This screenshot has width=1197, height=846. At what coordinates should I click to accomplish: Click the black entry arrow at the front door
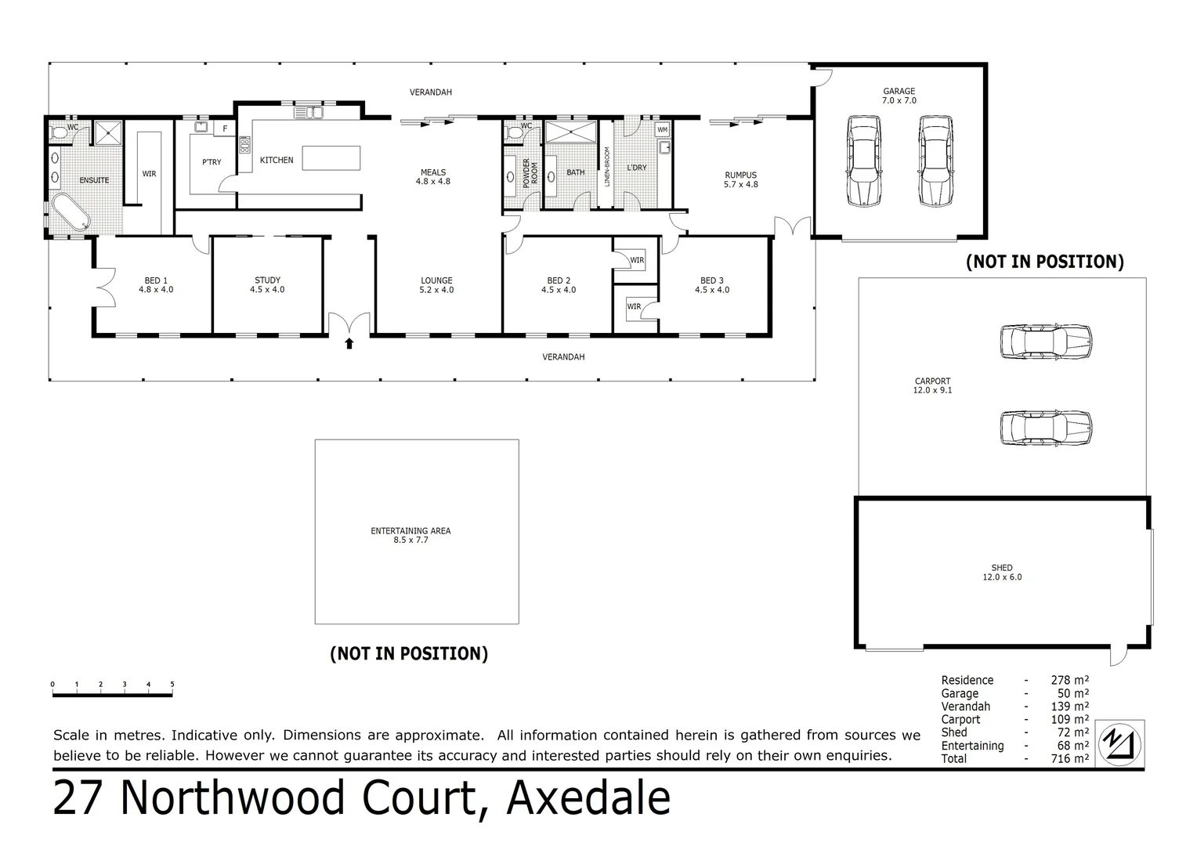[349, 342]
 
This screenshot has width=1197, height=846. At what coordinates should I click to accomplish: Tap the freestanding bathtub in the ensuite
[70, 212]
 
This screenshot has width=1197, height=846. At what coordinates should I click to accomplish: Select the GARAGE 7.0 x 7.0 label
[899, 96]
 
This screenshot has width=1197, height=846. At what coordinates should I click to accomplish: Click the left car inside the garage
[862, 161]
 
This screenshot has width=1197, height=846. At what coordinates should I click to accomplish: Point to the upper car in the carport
[1045, 342]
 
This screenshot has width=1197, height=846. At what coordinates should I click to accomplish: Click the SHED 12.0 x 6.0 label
[1002, 573]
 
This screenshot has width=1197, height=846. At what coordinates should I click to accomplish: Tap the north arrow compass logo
[1119, 743]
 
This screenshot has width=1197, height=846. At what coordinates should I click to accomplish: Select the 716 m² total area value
[1069, 758]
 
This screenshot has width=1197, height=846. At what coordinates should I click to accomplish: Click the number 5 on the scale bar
[172, 685]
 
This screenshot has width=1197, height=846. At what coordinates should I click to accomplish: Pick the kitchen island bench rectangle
[331, 158]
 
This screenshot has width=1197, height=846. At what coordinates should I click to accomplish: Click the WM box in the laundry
[663, 129]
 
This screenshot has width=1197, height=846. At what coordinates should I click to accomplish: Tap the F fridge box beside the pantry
[225, 128]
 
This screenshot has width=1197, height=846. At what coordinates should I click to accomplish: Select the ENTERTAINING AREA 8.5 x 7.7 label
[410, 535]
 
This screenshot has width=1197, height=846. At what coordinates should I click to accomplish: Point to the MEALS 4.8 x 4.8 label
[433, 176]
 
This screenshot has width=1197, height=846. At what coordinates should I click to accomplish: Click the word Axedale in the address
[588, 798]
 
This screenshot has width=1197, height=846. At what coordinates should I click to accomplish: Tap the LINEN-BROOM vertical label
[606, 166]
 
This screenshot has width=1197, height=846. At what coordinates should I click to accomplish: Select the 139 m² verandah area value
[1069, 707]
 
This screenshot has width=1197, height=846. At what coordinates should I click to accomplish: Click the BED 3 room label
[711, 284]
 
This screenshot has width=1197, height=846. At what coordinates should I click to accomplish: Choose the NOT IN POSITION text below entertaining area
[409, 653]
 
